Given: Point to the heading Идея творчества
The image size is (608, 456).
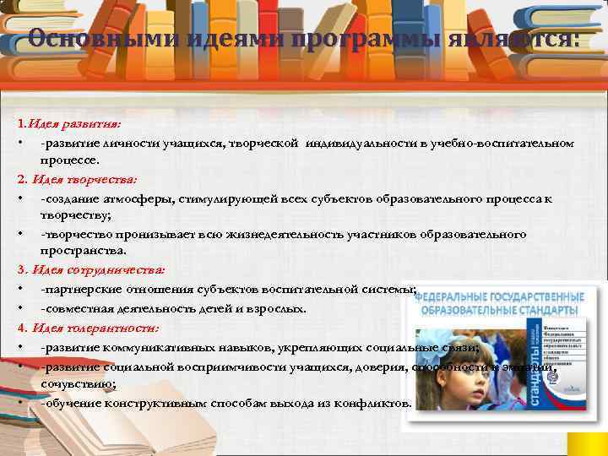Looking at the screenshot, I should [x=84, y=179].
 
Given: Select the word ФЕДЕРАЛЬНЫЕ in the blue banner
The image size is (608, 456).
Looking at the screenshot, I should [x=456, y=297].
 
